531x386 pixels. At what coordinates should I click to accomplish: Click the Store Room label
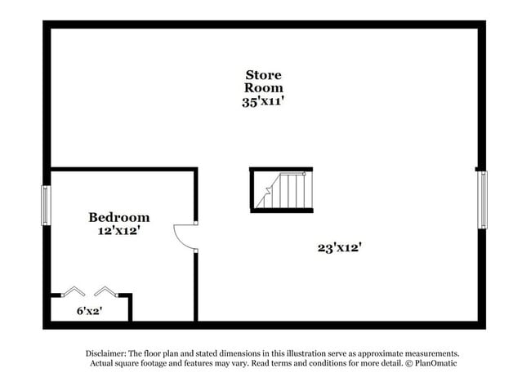point(264,81)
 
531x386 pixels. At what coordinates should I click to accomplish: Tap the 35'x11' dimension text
point(263,101)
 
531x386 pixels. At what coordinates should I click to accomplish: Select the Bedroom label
point(119,217)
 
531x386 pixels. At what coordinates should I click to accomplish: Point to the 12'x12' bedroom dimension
point(119,231)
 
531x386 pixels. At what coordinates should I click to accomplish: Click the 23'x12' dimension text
point(340,247)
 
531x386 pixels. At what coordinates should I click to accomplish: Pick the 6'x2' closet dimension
point(90,311)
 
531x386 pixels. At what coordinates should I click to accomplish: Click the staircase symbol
point(281,190)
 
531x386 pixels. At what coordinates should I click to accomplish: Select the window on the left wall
point(46,206)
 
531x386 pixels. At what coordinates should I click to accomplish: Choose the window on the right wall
point(483,200)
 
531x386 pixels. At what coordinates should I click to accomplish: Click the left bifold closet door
point(73,291)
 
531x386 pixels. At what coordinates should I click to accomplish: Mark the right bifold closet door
point(106,291)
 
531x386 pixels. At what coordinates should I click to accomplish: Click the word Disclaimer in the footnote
point(106,354)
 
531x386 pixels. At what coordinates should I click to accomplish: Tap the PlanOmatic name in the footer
point(436,363)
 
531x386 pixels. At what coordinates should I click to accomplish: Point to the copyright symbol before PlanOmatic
point(409,363)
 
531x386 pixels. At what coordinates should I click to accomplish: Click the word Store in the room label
point(264,75)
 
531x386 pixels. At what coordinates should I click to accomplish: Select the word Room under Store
point(264,87)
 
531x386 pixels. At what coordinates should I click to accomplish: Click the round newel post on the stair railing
point(304,174)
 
